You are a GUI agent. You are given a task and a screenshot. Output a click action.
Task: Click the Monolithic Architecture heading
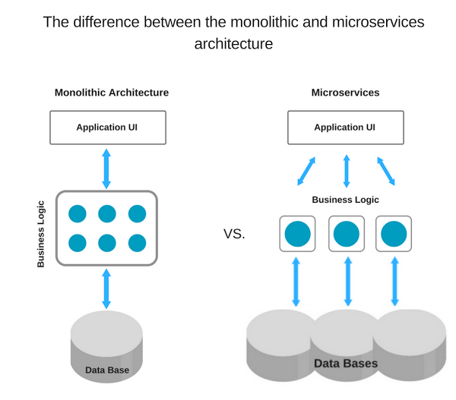112,93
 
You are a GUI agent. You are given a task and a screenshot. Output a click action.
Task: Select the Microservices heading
345,93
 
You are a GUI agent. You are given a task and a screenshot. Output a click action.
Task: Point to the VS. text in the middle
234,234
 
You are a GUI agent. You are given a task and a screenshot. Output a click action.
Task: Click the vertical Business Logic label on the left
41,234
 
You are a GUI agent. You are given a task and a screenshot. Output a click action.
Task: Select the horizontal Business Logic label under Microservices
345,200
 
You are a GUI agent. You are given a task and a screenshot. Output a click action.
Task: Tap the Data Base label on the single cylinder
107,370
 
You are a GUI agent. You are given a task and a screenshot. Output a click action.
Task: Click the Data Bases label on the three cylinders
346,364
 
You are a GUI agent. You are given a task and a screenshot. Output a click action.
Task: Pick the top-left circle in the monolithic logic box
78,214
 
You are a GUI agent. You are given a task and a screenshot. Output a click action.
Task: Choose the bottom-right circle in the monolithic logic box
137,243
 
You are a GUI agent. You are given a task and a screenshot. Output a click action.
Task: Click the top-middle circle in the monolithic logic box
107,214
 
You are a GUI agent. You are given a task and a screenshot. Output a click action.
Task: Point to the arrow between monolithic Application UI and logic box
106,169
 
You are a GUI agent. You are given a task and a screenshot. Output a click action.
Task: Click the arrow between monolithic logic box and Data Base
106,288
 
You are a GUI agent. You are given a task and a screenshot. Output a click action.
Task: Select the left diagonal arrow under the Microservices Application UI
306,171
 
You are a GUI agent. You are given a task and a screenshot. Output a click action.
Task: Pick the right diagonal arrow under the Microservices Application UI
386,171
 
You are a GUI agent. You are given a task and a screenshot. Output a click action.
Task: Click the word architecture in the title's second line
233,44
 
